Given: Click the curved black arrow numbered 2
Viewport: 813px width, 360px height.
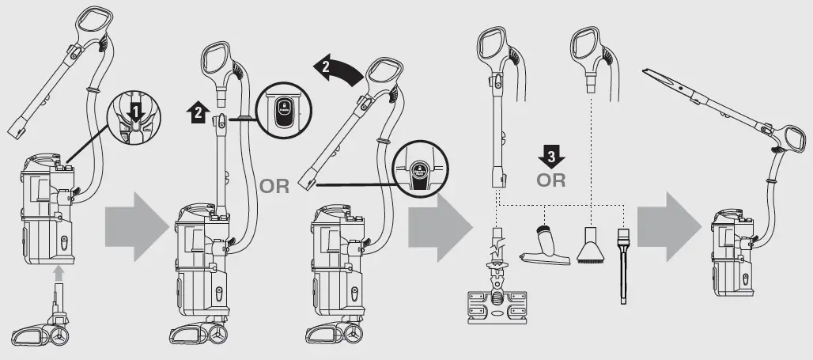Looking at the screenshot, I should (336, 70).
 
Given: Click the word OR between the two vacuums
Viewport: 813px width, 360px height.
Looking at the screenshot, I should (274, 188).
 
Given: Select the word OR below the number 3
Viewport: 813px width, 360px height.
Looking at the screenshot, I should (550, 180).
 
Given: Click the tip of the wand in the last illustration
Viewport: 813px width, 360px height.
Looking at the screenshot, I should (646, 72).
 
